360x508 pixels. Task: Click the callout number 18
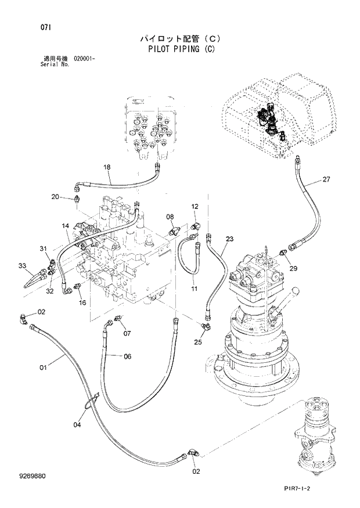coord(107,168)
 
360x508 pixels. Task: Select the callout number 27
coord(326,179)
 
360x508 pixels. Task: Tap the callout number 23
coord(229,239)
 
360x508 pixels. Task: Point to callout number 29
coord(293,268)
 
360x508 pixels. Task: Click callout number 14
coord(66,225)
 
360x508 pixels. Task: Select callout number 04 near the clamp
coord(77,424)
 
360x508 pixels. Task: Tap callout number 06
coord(127,356)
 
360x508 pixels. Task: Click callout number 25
coord(199,342)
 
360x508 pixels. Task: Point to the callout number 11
coord(194,289)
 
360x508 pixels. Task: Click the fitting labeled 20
coord(77,200)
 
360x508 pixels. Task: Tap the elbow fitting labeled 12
coord(195,223)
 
